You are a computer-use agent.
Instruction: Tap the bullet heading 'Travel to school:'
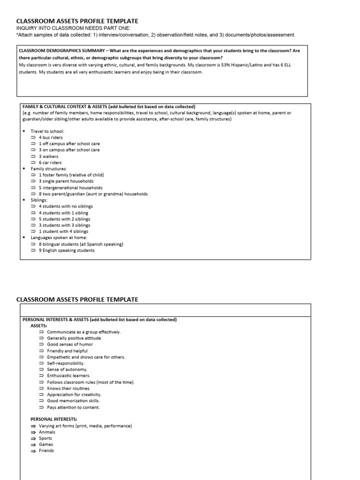47,131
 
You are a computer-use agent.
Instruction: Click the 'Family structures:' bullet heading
49,168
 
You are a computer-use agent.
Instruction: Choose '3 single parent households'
66,181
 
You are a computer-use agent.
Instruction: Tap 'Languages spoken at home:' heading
59,238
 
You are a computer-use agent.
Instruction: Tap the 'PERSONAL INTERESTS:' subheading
54,419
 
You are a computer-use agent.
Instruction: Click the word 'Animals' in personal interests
47,432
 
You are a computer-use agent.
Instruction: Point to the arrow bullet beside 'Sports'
33,438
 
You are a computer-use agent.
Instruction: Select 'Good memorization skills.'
73,401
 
